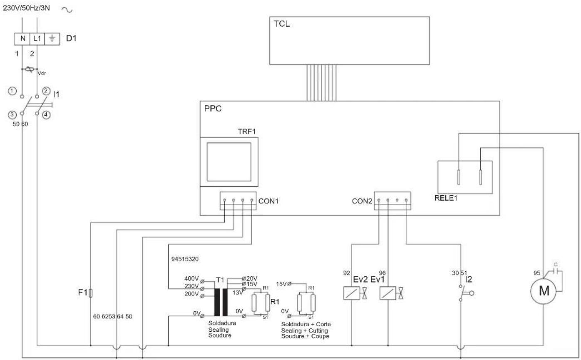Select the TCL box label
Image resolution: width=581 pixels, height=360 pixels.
282,24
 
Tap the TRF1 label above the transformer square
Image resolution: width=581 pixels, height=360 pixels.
246,132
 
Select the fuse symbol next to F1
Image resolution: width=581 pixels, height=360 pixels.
91,293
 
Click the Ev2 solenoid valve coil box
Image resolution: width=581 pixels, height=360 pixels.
350,294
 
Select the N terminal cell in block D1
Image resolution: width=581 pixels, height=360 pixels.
22,38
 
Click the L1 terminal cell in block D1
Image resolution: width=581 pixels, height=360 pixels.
37,38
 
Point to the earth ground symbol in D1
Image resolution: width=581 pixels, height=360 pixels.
51,38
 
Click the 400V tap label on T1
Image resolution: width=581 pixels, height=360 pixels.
191,278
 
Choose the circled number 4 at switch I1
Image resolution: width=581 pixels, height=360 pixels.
46,115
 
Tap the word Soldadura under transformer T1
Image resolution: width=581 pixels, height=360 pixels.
222,323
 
